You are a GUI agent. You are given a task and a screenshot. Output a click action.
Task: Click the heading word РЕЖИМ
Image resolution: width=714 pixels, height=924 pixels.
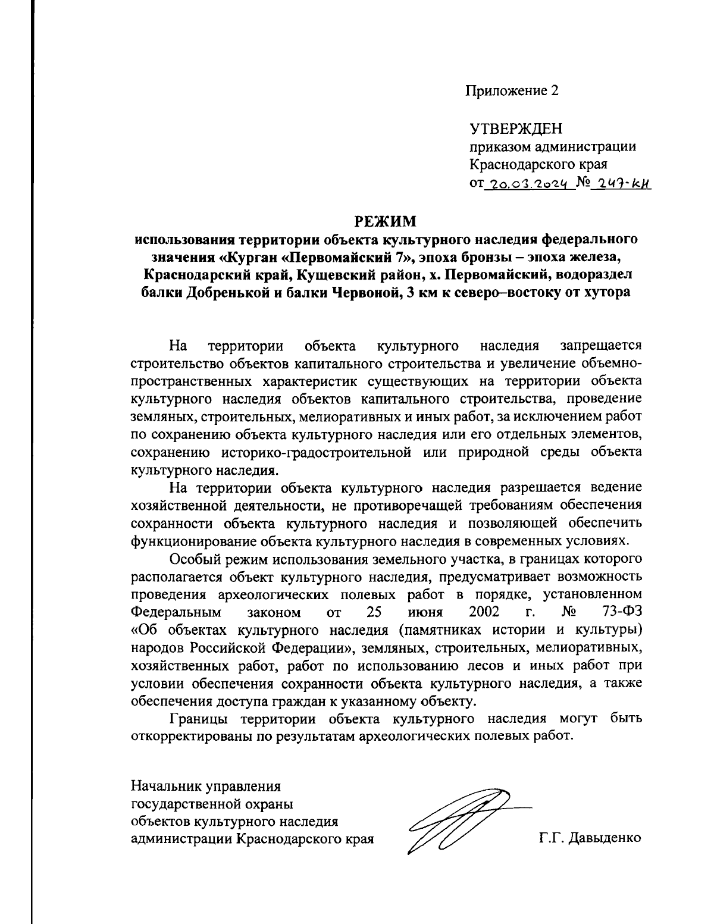coord(386,222)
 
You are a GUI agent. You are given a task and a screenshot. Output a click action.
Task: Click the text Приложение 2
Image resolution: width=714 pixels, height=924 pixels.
coord(512,90)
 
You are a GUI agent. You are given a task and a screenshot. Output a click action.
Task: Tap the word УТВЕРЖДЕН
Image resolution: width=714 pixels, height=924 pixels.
coord(515,129)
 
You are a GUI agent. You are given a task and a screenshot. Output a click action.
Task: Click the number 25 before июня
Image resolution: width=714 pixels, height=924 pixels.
coord(373,612)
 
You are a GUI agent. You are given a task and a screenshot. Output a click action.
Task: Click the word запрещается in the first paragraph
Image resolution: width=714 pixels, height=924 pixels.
coord(601,346)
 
